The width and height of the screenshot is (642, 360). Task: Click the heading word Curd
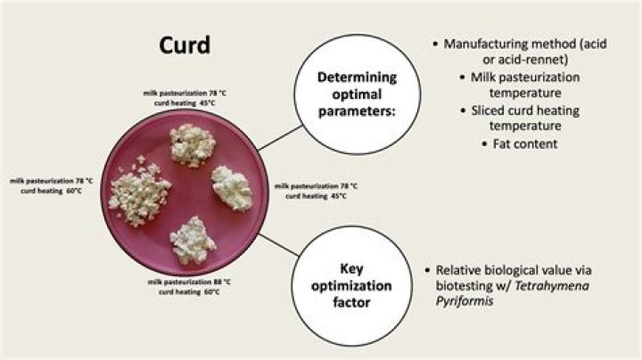(185, 45)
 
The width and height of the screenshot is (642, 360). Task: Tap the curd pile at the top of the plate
(193, 145)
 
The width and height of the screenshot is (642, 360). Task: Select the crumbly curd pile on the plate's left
(139, 191)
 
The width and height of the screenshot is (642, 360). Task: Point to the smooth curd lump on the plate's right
(232, 188)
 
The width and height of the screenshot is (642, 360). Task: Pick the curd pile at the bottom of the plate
(192, 241)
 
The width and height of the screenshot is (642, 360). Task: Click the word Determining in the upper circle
(357, 78)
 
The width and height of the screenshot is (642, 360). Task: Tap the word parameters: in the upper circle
(357, 111)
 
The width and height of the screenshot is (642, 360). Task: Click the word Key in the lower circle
(351, 269)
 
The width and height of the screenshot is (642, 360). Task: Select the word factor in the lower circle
(351, 302)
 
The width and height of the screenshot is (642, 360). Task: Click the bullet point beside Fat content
(485, 144)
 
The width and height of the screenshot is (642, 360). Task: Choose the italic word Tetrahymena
(552, 285)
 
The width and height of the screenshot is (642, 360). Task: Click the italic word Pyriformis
(465, 301)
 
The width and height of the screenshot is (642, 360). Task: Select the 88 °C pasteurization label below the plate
(189, 282)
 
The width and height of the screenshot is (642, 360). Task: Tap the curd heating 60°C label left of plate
(51, 191)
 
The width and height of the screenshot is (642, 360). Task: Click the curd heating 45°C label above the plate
(185, 103)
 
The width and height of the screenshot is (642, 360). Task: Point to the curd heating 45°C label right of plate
(316, 196)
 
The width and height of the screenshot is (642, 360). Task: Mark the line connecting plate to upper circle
(281, 138)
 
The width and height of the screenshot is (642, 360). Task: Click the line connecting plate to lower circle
(279, 245)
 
